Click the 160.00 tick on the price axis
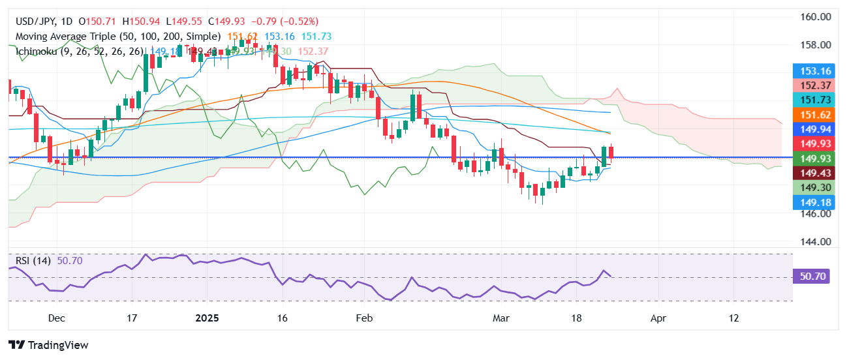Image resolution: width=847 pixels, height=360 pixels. (x=816, y=17)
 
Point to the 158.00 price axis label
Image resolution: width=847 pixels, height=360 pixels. (x=816, y=45)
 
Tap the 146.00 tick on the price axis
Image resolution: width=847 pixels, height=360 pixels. (x=816, y=213)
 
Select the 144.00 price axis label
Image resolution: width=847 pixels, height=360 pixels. (x=816, y=241)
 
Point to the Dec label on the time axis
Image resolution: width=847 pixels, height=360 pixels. (x=57, y=318)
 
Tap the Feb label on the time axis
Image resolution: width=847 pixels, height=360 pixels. (x=363, y=318)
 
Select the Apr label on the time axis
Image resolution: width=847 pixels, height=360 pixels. (x=658, y=318)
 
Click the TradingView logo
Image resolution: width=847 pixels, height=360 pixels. (x=48, y=345)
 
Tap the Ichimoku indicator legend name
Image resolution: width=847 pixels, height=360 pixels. (x=37, y=51)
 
